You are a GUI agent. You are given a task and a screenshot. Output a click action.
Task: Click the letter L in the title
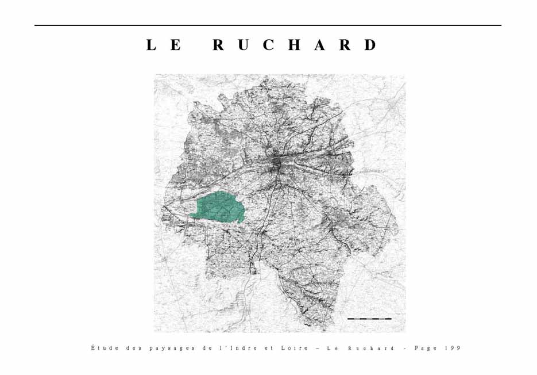tap(152, 45)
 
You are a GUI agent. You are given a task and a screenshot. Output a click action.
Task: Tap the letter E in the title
tap(177, 45)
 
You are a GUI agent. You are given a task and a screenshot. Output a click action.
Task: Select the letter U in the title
tap(244, 45)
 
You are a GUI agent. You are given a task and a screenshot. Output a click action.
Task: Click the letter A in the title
tap(320, 45)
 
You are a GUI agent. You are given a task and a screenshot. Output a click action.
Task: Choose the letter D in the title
tap(370, 45)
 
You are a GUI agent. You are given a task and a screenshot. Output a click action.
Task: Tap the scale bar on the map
tap(369, 318)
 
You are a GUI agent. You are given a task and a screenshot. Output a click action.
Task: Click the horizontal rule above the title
tap(268, 25)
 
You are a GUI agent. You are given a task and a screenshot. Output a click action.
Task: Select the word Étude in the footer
tap(103, 348)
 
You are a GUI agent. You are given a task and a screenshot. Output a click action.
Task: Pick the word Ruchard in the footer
tap(371, 348)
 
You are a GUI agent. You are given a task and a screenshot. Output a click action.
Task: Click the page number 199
tap(453, 348)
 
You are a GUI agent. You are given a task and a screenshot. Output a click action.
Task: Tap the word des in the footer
tap(132, 348)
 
